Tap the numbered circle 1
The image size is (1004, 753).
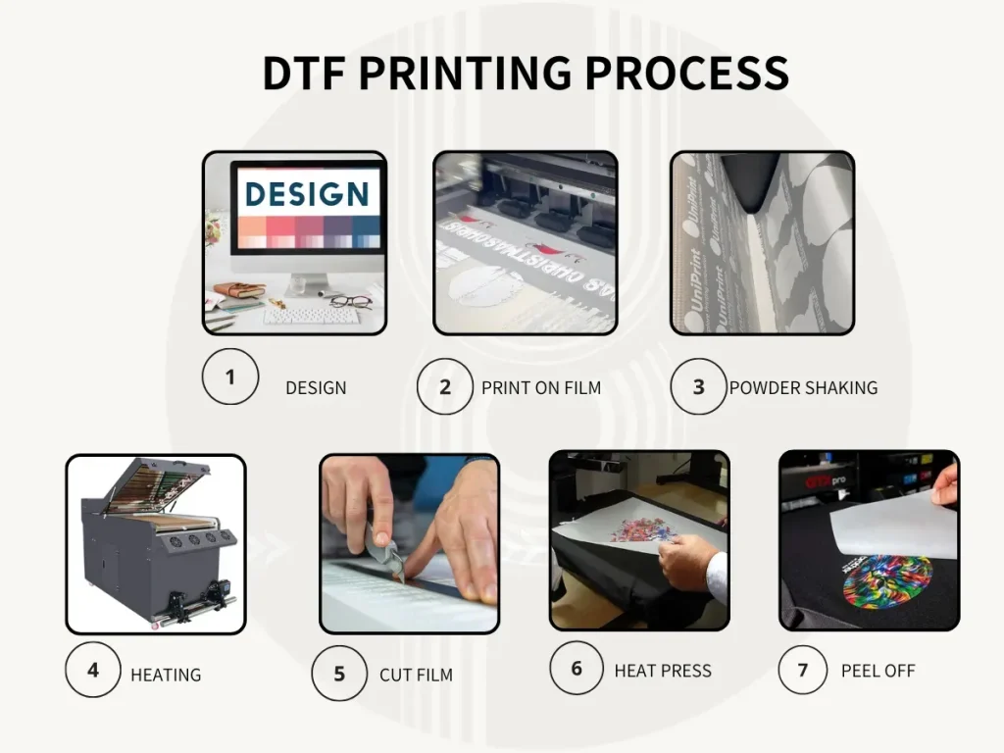click(230, 376)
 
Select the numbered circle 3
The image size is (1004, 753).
click(699, 386)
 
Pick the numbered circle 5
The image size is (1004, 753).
click(339, 674)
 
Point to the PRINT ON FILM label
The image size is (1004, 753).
click(541, 387)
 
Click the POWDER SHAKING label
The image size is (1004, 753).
click(803, 387)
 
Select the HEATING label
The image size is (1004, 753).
click(166, 675)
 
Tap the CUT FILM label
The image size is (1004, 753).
click(416, 675)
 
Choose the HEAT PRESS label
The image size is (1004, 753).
click(663, 671)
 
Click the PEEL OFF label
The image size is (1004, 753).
click(878, 671)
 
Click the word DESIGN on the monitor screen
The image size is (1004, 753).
click(307, 193)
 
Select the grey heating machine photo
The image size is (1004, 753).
click(156, 544)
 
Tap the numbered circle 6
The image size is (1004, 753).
click(577, 668)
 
